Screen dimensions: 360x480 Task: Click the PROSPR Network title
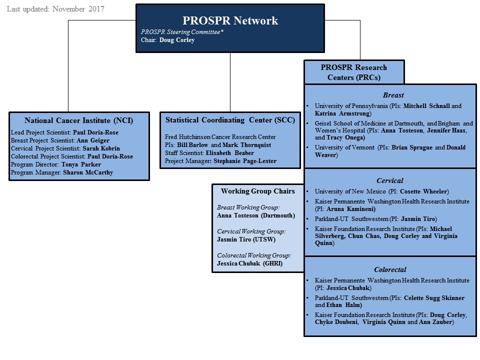(230, 20)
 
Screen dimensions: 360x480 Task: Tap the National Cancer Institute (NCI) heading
(79, 120)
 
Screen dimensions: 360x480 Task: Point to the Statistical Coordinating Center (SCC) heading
(230, 120)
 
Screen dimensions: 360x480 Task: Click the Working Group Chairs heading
(257, 191)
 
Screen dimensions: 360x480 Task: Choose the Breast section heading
(393, 95)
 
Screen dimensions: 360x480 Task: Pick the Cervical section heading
(389, 180)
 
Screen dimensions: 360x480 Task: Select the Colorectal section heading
(389, 269)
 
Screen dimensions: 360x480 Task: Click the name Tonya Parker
(81, 164)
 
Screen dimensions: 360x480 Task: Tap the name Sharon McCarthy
(88, 172)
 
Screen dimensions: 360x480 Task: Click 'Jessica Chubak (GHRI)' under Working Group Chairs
(250, 263)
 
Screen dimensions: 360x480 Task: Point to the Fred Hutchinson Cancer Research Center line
(220, 137)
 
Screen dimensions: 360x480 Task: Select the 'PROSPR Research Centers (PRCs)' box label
(353, 72)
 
